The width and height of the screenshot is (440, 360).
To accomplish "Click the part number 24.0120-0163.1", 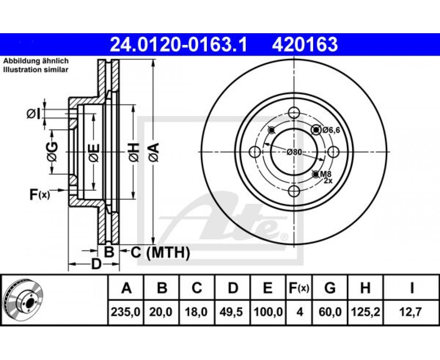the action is click(178, 44).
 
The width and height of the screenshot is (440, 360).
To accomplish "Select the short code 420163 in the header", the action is click(305, 44).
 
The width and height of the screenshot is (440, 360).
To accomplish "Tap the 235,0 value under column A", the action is click(126, 312).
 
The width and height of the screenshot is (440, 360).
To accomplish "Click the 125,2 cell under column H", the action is click(365, 312).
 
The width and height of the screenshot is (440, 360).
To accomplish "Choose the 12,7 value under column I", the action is click(412, 312).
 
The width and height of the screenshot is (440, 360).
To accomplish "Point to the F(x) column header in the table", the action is click(299, 288).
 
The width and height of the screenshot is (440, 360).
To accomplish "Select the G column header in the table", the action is click(330, 288).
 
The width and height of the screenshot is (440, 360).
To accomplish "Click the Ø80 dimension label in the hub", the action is click(294, 152).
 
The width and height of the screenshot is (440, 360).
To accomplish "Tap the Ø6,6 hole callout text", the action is click(331, 130).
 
